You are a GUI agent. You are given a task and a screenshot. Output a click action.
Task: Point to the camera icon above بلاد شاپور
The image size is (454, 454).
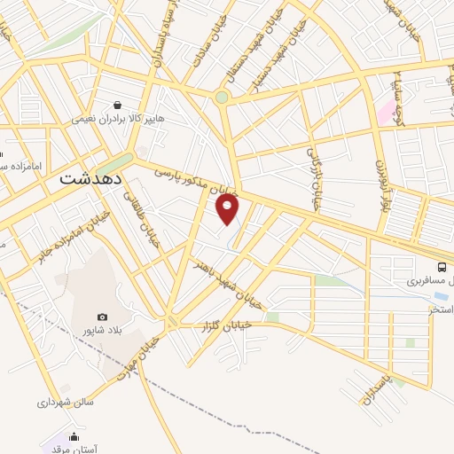tap(102, 317)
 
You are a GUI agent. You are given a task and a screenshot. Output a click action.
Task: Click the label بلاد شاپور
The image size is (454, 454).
tap(110, 332)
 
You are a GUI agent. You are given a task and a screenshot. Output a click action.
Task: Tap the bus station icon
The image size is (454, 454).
tap(442, 267)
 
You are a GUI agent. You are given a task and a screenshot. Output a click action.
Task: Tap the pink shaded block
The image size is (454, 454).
tap(387, 111)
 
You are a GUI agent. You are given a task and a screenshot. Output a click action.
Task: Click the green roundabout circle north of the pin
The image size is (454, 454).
tap(222, 98)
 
